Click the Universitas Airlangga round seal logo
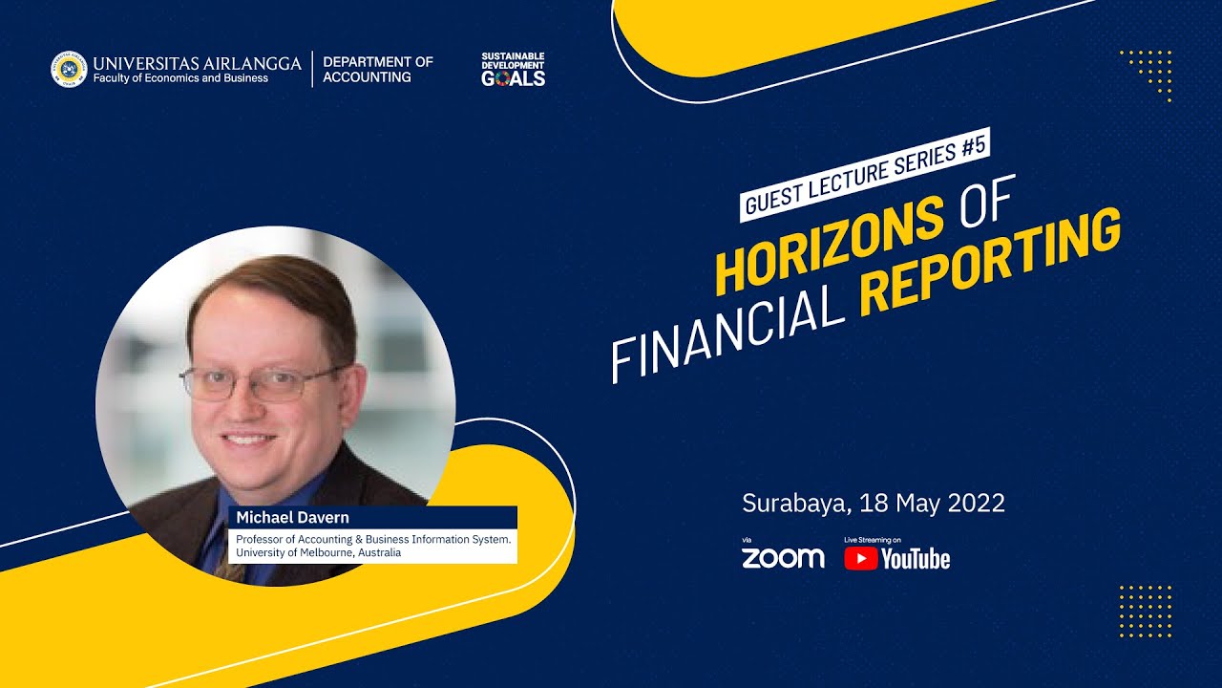point(69,70)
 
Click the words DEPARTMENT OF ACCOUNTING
point(377,69)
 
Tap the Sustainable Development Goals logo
point(513,70)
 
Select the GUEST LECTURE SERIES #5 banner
point(865,174)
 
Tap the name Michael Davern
point(293,517)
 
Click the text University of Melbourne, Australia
point(319,552)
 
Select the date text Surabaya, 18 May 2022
point(874,503)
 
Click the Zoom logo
point(783,558)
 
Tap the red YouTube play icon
point(860,558)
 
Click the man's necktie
point(228,564)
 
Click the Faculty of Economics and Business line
point(180,78)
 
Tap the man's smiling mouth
point(248,440)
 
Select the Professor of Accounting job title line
point(373,539)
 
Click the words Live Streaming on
point(872,540)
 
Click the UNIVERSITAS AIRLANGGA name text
point(197,63)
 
